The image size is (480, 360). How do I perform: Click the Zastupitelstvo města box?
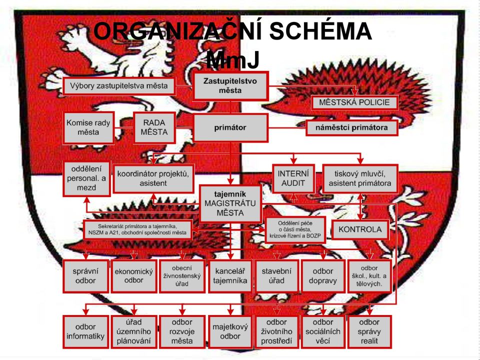tap(230, 86)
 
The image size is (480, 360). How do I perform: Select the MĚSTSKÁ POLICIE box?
tap(354, 102)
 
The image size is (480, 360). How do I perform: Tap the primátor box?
tap(230, 128)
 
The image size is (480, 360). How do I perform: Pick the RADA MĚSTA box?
tap(154, 127)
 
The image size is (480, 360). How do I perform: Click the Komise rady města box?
tap(88, 127)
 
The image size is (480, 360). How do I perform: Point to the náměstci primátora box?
tap(351, 127)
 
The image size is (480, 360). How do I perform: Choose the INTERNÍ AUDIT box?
tap(293, 178)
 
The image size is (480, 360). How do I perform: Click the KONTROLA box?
tap(360, 229)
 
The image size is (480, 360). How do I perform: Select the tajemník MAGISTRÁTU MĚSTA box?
tap(230, 203)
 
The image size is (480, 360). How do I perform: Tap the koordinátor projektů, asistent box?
tap(153, 179)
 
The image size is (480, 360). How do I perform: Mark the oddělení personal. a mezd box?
tap(86, 179)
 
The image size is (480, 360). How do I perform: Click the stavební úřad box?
tap(276, 276)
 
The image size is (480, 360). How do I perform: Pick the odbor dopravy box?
tap(323, 276)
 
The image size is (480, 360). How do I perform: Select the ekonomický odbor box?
tap(134, 276)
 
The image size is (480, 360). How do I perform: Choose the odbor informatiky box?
tap(85, 332)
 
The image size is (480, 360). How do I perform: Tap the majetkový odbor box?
tap(230, 332)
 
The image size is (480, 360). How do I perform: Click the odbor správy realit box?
tap(369, 332)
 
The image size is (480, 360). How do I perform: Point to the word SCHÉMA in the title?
tap(320, 31)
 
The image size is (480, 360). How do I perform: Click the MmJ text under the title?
tap(233, 59)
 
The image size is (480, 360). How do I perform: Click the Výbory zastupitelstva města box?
tap(119, 85)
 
